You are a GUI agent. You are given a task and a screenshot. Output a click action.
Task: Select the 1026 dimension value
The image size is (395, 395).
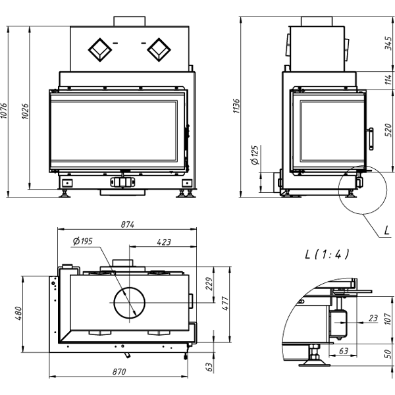click(26, 111)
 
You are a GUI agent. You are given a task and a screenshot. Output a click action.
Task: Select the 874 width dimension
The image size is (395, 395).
click(127, 224)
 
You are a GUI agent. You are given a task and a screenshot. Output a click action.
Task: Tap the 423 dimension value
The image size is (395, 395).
click(164, 242)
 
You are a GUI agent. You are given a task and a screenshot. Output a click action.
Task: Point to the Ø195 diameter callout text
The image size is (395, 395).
click(82, 242)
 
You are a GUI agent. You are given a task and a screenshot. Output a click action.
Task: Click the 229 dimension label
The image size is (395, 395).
click(210, 283)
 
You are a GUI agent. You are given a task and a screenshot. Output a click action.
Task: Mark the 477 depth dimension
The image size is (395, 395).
click(226, 303)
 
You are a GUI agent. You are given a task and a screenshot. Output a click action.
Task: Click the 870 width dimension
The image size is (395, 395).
click(118, 372)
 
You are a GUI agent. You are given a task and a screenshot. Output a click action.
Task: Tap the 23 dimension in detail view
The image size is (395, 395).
click(373, 319)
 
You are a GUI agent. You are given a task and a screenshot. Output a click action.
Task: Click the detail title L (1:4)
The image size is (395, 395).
click(327, 253)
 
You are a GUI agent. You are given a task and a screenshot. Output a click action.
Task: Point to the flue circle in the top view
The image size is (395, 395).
click(131, 303)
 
